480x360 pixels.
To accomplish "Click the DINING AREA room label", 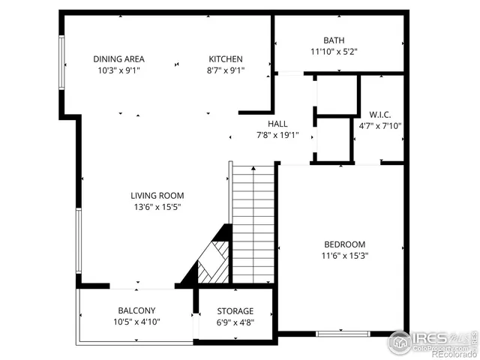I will [118, 59].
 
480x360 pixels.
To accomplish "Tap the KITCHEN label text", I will [226, 59].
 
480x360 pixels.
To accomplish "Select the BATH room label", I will [334, 40].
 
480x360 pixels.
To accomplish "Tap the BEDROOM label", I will [344, 244].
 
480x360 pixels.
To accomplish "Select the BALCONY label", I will [136, 310].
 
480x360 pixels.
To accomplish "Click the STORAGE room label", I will [235, 311].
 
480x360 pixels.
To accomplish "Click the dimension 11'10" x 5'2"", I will [334, 52].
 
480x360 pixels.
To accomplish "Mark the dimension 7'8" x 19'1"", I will [277, 136].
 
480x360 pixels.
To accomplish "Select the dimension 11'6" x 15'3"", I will [344, 256].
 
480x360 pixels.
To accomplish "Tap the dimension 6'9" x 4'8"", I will [235, 322].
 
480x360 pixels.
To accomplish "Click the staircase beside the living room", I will [253, 225].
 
